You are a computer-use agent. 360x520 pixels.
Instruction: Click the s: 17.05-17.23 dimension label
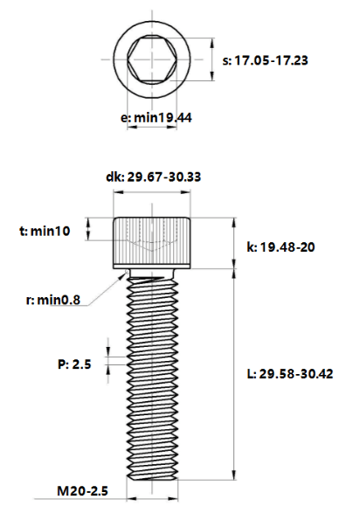265,60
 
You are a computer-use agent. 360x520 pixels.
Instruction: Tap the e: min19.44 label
156,118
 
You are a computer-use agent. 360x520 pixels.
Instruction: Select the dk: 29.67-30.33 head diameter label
153,177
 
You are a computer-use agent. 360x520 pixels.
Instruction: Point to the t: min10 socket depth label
45,231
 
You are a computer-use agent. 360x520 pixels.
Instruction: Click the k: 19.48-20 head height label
280,247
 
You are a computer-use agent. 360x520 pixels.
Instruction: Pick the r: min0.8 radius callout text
53,300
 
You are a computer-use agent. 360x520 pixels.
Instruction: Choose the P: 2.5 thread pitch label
74,364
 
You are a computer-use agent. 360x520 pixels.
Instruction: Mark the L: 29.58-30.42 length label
290,374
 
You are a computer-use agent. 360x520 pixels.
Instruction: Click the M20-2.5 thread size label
82,491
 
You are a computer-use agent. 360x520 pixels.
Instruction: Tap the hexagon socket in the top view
152,59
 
